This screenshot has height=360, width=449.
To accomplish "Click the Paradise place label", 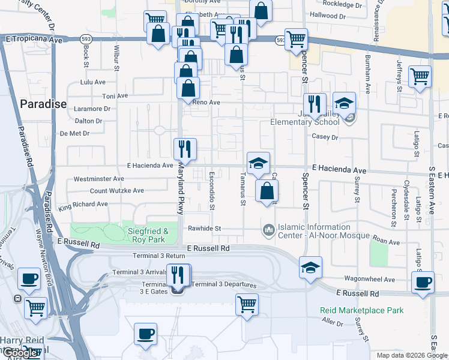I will (43, 104).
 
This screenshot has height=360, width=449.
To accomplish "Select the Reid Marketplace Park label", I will (361, 310).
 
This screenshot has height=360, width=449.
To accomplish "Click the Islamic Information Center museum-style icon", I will (268, 229).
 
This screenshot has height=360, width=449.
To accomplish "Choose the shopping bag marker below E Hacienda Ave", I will (267, 192).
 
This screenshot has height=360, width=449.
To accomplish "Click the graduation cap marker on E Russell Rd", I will (310, 267).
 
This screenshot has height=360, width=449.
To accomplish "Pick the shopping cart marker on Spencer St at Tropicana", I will (296, 40).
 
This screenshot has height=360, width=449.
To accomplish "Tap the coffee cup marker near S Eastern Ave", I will (423, 282).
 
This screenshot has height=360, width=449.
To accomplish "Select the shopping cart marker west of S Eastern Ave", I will (420, 76).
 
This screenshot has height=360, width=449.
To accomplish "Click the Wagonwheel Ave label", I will (369, 280).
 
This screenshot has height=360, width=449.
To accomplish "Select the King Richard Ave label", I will (83, 205).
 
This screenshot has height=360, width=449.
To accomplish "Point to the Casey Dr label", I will (325, 137).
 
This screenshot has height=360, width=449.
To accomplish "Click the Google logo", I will (20, 353).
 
